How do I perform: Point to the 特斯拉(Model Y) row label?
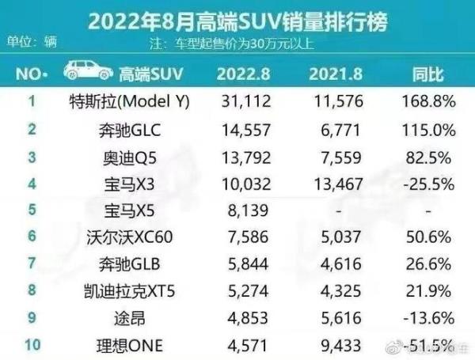coord(118,102)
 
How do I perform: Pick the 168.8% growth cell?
coord(428,102)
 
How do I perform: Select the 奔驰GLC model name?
coord(118,128)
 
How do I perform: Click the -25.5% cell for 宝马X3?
coord(428,183)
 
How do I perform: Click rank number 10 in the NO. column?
coord(32,343)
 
